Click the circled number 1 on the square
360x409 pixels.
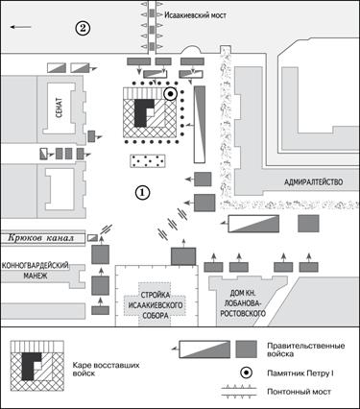tap(143, 192)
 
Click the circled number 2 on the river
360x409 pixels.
tap(83, 29)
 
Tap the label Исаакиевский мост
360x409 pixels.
tap(195, 15)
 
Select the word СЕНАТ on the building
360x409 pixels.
tap(59, 108)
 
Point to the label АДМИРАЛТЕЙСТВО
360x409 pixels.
tap(314, 182)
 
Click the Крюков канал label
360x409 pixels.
tap(41, 238)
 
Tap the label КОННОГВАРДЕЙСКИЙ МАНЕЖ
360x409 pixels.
tap(36, 271)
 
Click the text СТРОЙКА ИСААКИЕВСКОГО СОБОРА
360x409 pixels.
tap(156, 305)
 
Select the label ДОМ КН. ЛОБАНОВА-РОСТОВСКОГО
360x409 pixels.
tap(243, 303)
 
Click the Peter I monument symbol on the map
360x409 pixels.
tap(171, 94)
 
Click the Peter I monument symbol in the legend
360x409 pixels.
tap(247, 373)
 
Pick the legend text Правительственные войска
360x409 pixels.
tap(306, 349)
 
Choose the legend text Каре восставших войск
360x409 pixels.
tap(106, 369)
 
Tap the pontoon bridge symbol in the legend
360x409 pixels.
tap(239, 392)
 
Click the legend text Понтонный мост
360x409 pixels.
tap(299, 392)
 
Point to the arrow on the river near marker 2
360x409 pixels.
tap(20, 27)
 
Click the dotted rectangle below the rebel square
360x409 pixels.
tap(148, 161)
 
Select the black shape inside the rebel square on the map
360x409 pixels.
tap(143, 112)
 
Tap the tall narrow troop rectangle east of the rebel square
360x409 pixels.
tap(200, 125)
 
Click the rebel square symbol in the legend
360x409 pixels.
tap(37, 366)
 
